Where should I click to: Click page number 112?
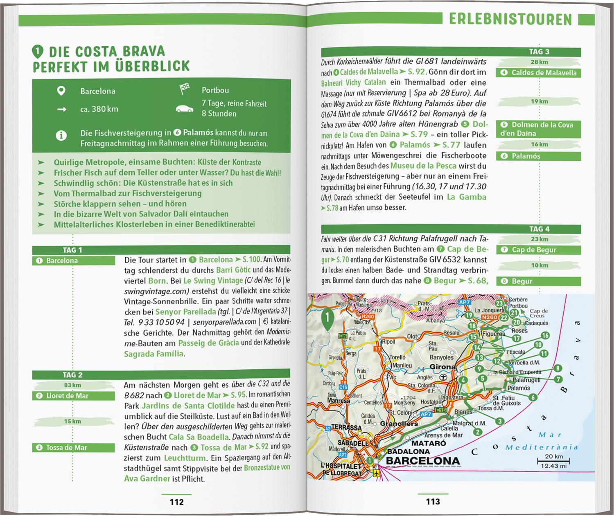click(x=177, y=502)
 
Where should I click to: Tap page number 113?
click(x=433, y=502)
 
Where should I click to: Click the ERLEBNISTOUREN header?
click(x=510, y=19)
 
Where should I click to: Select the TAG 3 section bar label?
click(x=539, y=52)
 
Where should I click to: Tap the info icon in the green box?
click(x=61, y=135)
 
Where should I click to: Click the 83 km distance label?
click(x=72, y=385)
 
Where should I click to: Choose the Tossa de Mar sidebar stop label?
click(x=66, y=448)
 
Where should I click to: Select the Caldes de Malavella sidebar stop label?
click(x=544, y=73)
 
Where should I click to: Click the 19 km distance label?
click(x=539, y=101)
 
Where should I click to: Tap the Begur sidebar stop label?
click(x=522, y=281)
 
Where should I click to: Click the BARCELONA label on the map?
click(x=423, y=461)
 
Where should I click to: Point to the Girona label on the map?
click(x=442, y=367)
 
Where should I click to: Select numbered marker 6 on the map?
click(x=533, y=397)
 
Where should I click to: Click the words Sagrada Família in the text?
click(x=153, y=354)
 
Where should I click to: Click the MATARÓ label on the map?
click(x=429, y=443)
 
